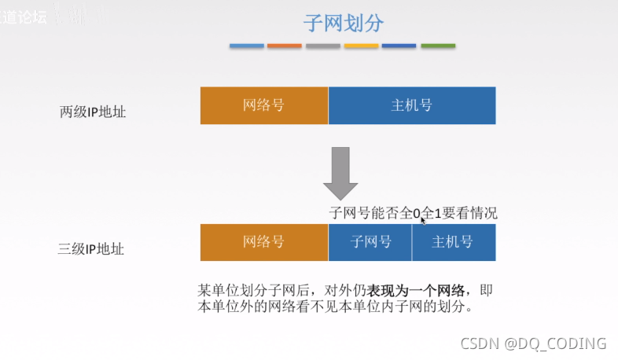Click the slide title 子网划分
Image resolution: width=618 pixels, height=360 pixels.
[343, 23]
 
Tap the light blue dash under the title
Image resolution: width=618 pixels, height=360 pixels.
[247, 46]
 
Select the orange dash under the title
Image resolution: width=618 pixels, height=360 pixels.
[285, 46]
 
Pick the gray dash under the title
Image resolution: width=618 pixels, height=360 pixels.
[322, 46]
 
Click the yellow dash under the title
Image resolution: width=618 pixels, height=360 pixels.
[361, 46]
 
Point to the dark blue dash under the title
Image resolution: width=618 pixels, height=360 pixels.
[399, 46]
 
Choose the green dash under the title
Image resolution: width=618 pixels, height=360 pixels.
[438, 46]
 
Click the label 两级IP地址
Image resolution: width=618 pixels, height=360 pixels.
[93, 112]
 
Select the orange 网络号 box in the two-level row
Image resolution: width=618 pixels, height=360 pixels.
[264, 105]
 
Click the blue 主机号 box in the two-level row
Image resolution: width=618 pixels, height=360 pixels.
[412, 105]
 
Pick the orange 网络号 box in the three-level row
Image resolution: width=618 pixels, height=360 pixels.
[264, 243]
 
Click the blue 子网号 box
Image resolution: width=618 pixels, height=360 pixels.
[370, 243]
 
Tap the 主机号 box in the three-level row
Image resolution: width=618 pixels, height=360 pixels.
[454, 243]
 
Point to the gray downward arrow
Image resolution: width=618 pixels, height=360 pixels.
[340, 171]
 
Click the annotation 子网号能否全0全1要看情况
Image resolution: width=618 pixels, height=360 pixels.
[413, 213]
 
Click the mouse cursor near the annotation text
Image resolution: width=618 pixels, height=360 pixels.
[424, 221]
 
